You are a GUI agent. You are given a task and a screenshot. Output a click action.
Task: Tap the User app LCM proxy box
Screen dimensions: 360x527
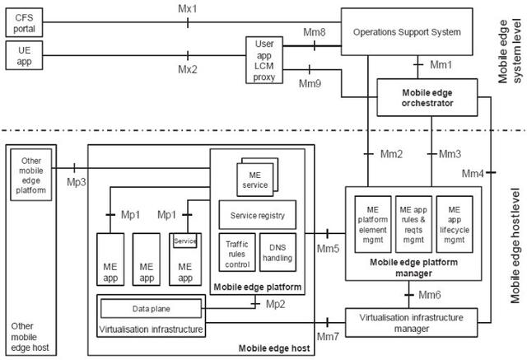(263, 59)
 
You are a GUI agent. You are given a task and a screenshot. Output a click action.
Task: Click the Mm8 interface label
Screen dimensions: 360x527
(314, 33)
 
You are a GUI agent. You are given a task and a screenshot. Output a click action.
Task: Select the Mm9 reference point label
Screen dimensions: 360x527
(310, 83)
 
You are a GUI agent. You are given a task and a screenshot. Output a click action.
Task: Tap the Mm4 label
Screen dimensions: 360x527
(473, 174)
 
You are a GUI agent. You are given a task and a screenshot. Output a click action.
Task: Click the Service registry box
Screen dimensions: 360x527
(257, 216)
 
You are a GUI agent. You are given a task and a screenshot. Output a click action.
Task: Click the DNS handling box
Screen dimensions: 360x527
(277, 252)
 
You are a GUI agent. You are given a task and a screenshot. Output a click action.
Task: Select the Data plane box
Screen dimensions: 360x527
(152, 307)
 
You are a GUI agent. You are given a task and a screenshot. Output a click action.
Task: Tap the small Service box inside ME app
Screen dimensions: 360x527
(184, 241)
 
